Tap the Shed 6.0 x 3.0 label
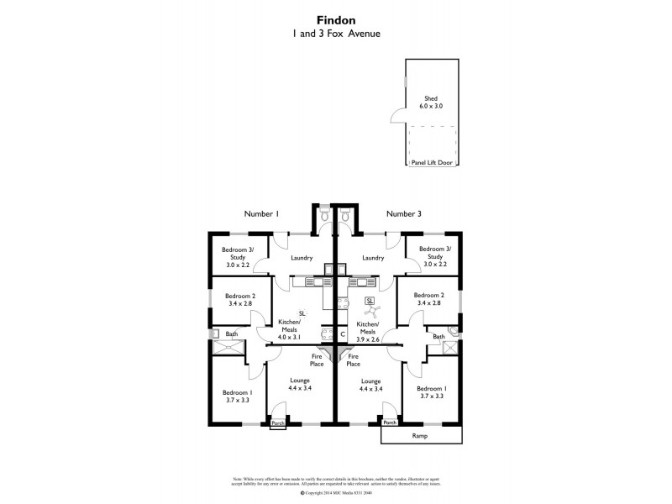(431, 102)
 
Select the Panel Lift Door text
(432, 162)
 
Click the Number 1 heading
(261, 214)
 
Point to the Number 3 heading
(404, 214)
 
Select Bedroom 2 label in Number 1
(239, 300)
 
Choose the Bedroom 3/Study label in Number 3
(435, 256)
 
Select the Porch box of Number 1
(278, 424)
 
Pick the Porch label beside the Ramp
(389, 423)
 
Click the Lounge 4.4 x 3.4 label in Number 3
(370, 385)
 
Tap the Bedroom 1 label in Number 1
(237, 396)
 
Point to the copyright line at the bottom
(336, 493)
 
